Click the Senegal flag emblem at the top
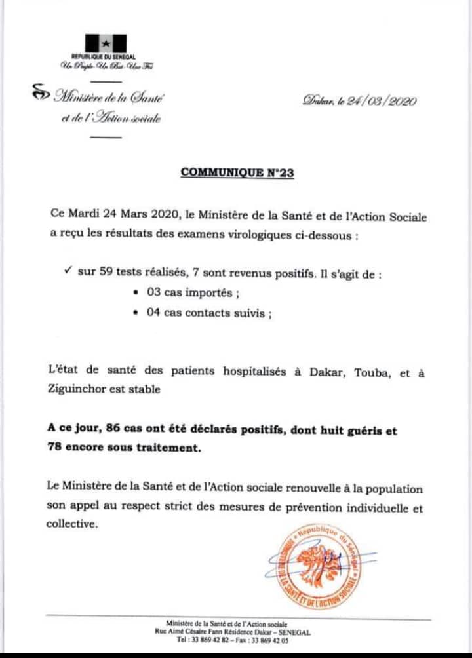click(104, 43)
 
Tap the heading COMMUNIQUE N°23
click(237, 173)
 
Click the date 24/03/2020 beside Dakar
click(381, 101)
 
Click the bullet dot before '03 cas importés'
click(135, 294)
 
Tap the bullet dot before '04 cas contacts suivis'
click(135, 313)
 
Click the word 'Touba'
click(372, 373)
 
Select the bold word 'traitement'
click(165, 448)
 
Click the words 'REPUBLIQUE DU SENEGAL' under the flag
click(105, 58)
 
